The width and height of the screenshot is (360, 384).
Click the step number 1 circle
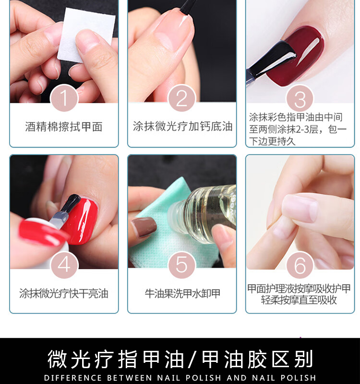pos(64,98)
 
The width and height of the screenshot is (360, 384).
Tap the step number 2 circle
pos(182,98)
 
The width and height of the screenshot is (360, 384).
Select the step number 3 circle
pos(300,98)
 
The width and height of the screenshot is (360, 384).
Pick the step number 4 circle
pos(64,265)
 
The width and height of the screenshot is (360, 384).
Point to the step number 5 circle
pos(182,265)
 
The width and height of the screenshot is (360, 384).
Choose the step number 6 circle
pos(300,265)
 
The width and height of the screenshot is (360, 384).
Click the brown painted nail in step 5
pos(144,227)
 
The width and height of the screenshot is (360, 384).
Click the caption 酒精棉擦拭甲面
pos(64,127)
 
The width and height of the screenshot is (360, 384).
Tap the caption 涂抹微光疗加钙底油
pos(182,126)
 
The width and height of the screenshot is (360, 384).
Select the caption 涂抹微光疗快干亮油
pos(64,293)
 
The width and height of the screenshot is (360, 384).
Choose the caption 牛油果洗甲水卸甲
pos(182,293)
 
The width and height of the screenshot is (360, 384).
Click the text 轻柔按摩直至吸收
pos(299,300)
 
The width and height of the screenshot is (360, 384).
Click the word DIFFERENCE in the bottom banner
pos(73,378)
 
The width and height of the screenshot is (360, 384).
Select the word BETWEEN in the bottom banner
pos(130,378)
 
